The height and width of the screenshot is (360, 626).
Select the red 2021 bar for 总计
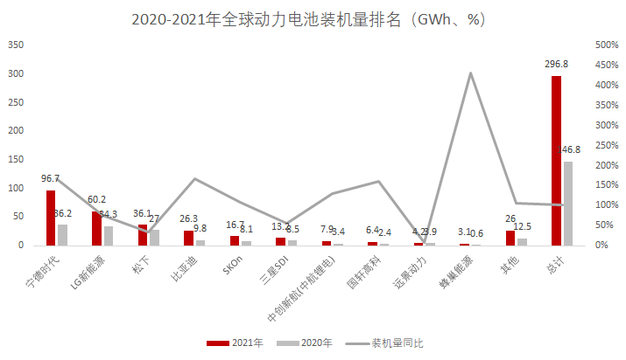coord(556,161)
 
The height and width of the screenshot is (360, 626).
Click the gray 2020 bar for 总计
coord(567,204)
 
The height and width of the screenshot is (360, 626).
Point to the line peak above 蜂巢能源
coord(470,73)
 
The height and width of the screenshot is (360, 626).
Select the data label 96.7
coord(51,178)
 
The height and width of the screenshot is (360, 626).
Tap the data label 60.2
coord(96,199)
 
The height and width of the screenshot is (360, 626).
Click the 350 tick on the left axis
coord(15,44)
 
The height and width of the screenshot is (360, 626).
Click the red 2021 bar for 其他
coord(510,238)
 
